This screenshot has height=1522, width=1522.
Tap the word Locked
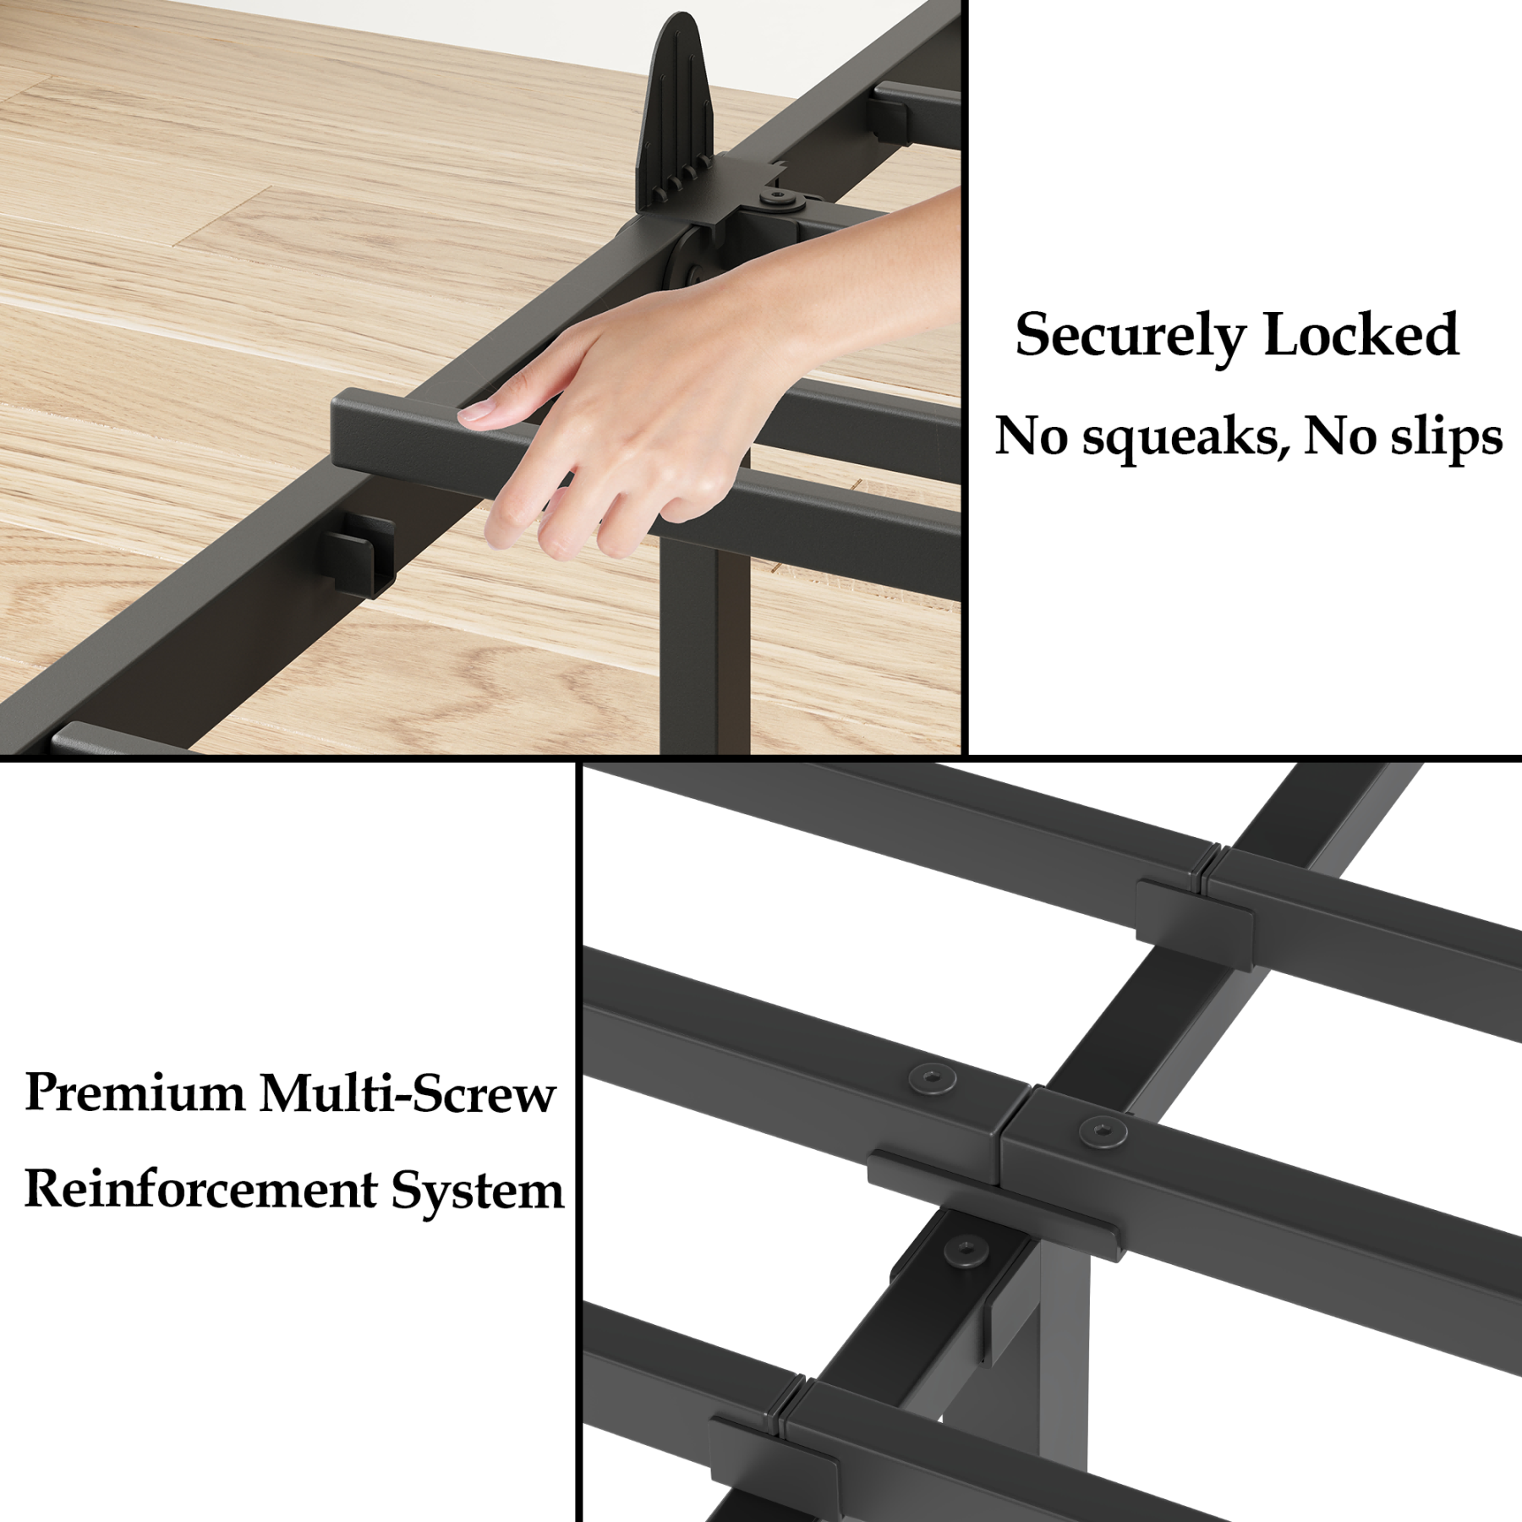click(x=1361, y=335)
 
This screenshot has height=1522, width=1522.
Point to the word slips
click(x=1450, y=437)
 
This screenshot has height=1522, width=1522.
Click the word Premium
click(x=134, y=1094)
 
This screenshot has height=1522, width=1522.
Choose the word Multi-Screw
click(x=408, y=1093)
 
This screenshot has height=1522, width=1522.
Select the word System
click(x=477, y=1191)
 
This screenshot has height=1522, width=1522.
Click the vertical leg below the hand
click(x=689, y=643)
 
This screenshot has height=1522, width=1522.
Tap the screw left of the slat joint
click(x=932, y=1078)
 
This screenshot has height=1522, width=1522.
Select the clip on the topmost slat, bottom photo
click(x=1194, y=912)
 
